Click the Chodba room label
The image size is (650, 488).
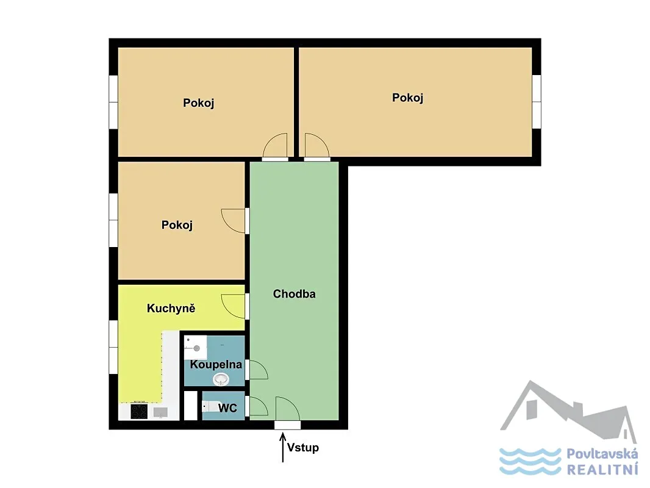(x=294, y=294)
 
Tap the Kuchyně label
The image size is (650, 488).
(x=171, y=308)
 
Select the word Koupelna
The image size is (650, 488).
(x=216, y=365)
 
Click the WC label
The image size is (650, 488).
(x=227, y=408)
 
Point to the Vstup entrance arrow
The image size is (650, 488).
(x=283, y=447)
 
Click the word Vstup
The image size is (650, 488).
(x=303, y=448)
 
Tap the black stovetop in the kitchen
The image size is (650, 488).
(x=139, y=411)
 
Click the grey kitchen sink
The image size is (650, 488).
(x=160, y=412)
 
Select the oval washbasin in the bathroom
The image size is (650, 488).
(x=221, y=379)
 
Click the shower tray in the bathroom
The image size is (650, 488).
(x=196, y=347)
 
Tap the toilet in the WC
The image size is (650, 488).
(x=210, y=406)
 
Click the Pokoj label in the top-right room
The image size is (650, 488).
(x=407, y=98)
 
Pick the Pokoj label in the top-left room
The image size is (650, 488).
(x=199, y=103)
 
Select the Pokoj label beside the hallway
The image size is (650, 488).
(x=177, y=225)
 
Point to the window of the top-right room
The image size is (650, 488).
(x=537, y=102)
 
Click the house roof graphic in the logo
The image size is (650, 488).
(x=568, y=411)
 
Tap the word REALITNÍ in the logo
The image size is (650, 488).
(x=602, y=470)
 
